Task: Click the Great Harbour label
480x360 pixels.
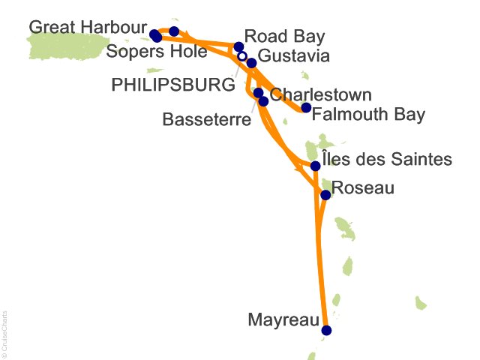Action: click(x=87, y=28)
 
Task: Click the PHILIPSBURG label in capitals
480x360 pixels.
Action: click(x=172, y=85)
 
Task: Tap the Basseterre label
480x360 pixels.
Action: click(x=206, y=119)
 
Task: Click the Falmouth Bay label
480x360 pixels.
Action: click(x=368, y=115)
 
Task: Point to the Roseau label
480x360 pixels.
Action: click(x=362, y=187)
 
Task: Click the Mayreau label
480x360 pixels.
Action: click(x=282, y=321)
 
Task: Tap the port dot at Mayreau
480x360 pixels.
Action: click(x=325, y=330)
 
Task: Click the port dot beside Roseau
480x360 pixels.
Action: click(x=325, y=195)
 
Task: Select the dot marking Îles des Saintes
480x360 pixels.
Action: click(x=316, y=166)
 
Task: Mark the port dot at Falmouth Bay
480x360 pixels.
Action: click(x=306, y=108)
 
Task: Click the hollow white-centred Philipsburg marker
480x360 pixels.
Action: click(x=241, y=56)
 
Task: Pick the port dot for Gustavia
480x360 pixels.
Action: click(x=252, y=63)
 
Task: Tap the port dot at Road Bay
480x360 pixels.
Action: click(x=239, y=46)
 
